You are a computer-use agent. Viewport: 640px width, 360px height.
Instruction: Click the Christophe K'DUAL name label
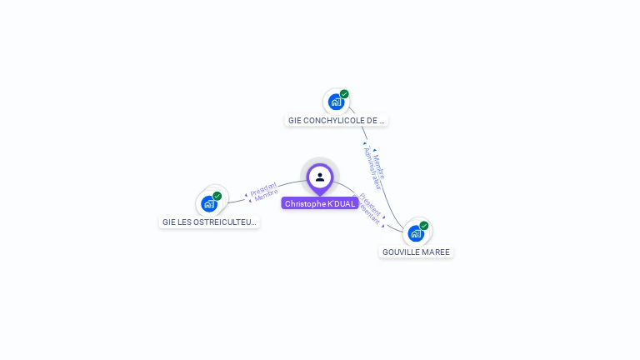320,203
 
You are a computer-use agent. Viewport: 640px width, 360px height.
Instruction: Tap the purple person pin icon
320,177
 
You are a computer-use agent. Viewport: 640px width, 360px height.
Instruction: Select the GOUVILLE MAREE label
416,252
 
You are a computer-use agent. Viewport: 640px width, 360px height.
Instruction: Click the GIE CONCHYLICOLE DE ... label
337,120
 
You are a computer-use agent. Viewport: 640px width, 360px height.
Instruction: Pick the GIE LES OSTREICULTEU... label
209,222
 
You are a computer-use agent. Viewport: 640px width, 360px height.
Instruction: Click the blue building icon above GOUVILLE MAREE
415,232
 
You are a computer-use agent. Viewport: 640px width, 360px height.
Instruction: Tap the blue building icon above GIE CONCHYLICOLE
335,102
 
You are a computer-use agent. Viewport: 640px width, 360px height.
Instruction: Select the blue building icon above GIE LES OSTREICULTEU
208,203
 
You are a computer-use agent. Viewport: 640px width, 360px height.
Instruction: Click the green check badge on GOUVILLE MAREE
424,225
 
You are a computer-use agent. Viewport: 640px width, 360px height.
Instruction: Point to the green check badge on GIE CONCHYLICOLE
344,94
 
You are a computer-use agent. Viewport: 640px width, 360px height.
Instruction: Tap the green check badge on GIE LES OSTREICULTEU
217,196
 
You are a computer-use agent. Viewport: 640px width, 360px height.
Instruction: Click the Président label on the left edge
263,189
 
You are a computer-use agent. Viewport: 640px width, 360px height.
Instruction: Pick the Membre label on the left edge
266,197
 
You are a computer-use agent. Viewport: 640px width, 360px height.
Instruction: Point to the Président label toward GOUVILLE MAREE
372,205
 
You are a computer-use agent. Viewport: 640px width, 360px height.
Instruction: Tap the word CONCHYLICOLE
338,120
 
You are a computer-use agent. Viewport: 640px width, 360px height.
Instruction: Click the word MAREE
438,252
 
